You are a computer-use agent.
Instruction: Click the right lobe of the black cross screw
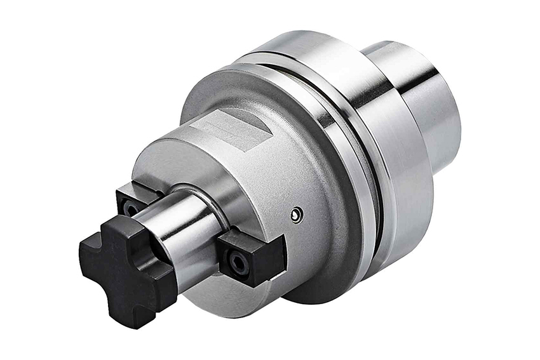coord(162,279)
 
